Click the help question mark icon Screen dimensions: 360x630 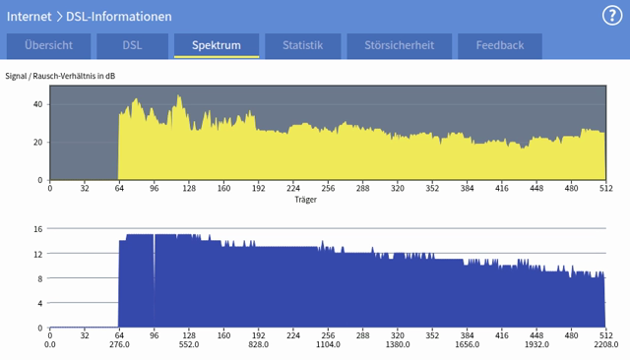coord(611,15)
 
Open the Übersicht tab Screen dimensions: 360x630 coord(48,45)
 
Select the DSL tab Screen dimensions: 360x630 coord(132,45)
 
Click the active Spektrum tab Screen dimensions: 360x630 coord(217,45)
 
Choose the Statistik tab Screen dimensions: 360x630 coord(301,45)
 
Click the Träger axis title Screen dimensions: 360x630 coord(305,199)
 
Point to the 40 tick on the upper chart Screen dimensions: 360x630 coord(39,103)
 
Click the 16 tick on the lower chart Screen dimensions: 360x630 coord(37,229)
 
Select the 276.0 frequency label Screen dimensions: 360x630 coord(119,345)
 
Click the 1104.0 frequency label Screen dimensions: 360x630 coord(327,345)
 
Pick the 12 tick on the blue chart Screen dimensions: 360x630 coord(37,254)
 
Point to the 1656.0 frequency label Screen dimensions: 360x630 coord(466,345)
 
